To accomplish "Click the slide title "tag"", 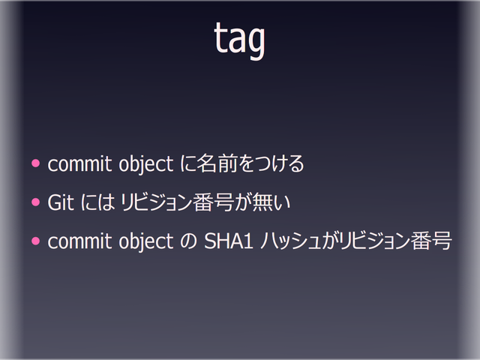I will click(240, 41).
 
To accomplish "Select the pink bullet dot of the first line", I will click(34, 163).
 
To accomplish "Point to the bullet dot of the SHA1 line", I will click(34, 241).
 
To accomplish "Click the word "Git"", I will click(61, 202).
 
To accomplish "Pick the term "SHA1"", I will click(226, 242).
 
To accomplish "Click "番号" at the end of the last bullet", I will click(431, 242).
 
